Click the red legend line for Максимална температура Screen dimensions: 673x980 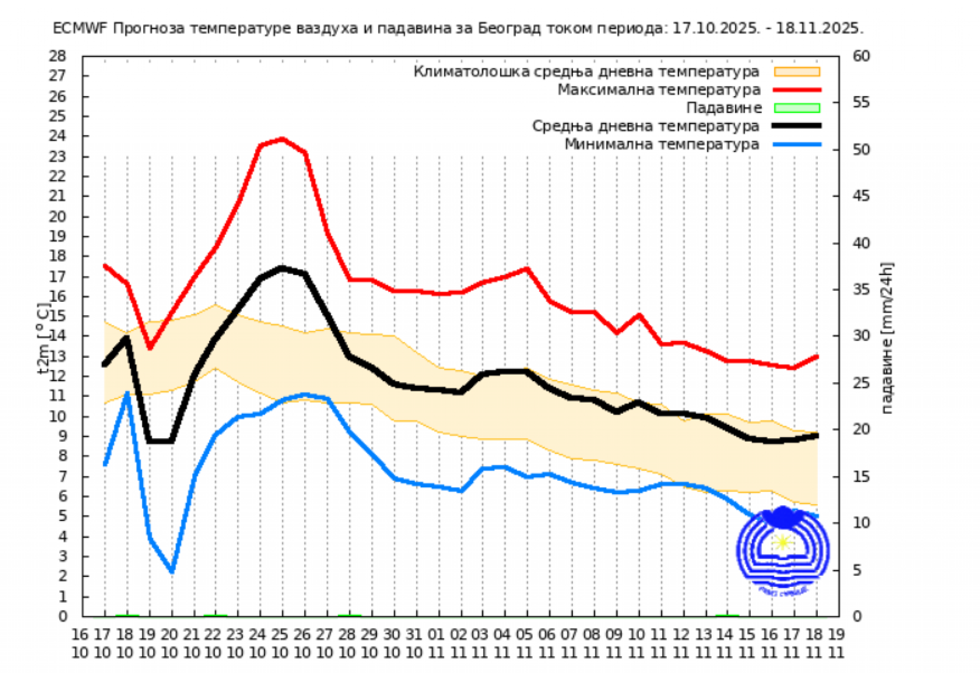pyautogui.click(x=797, y=90)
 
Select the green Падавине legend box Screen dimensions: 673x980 pyautogui.click(x=797, y=108)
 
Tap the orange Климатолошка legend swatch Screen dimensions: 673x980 pyautogui.click(x=797, y=72)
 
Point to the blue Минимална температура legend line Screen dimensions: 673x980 pyautogui.click(x=797, y=144)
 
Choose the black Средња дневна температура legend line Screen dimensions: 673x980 pyautogui.click(x=797, y=126)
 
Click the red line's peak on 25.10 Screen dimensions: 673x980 pyautogui.click(x=282, y=139)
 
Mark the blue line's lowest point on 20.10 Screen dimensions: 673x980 pyautogui.click(x=172, y=571)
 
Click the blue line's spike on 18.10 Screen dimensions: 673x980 pyautogui.click(x=127, y=394)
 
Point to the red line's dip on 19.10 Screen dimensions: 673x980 pyautogui.click(x=150, y=347)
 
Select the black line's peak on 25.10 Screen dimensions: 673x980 pyautogui.click(x=282, y=268)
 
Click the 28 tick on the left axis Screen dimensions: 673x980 pyautogui.click(x=57, y=56)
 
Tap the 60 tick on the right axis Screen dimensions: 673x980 pyautogui.click(x=861, y=56)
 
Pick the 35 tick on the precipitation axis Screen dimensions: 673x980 pyautogui.click(x=861, y=290)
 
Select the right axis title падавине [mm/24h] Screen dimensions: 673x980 pyautogui.click(x=887, y=338)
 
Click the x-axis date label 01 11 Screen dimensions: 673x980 pyautogui.click(x=436, y=643)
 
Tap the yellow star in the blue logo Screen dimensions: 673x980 pyautogui.click(x=783, y=542)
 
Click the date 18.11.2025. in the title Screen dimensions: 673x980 pyautogui.click(x=820, y=29)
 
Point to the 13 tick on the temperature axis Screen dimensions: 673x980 pyautogui.click(x=57, y=356)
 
